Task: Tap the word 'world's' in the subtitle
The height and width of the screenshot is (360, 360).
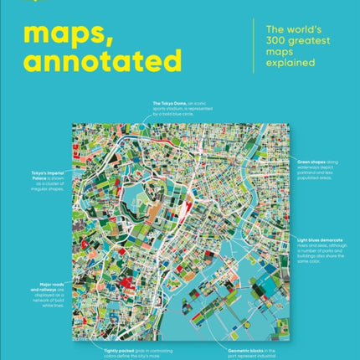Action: click(303, 31)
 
